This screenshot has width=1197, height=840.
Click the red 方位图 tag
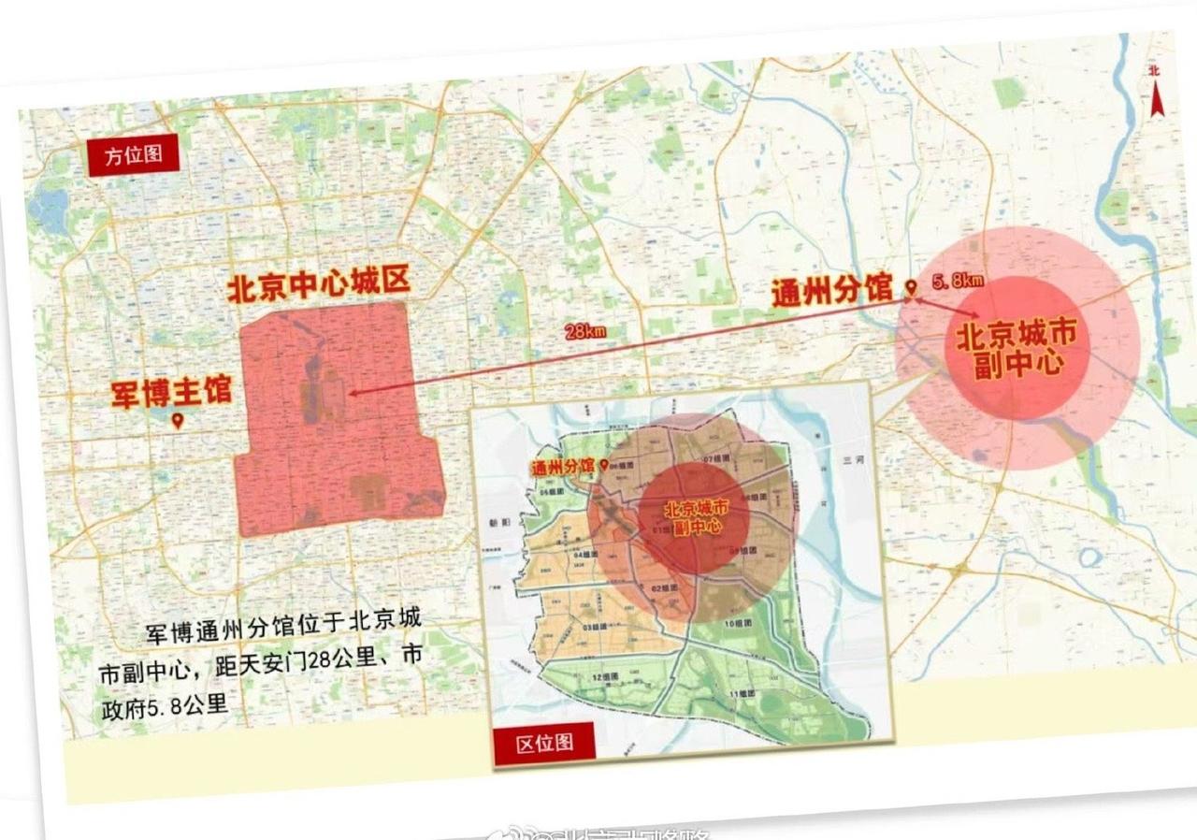pyautogui.click(x=133, y=155)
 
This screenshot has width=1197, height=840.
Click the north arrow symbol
pyautogui.click(x=1156, y=94)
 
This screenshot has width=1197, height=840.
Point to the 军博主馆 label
pyautogui.click(x=171, y=390)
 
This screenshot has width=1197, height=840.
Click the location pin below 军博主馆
pyautogui.click(x=178, y=421)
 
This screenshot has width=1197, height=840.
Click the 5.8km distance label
pyautogui.click(x=957, y=280)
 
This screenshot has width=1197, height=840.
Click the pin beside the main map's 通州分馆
pyautogui.click(x=907, y=287)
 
